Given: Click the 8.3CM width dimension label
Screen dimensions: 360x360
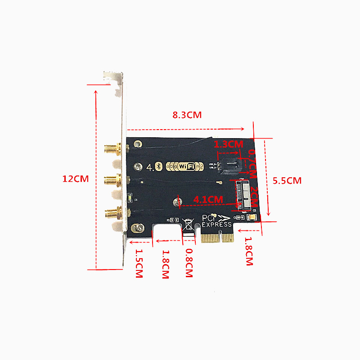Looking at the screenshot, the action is tap(187, 115).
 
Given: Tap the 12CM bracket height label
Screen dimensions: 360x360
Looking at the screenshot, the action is tap(75, 179).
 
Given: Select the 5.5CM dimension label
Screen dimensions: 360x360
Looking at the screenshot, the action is tap(287, 180).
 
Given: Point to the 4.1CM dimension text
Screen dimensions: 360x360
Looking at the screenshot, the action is tap(208, 198).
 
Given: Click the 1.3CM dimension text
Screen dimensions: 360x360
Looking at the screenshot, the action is tap(229, 144).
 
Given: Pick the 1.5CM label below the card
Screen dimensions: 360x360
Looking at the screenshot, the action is tap(139, 264).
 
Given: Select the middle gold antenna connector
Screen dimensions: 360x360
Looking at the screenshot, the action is tap(112, 180).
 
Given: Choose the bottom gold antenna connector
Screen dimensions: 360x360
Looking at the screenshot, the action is tap(112, 211).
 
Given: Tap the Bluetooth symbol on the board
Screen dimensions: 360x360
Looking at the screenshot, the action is tap(158, 166).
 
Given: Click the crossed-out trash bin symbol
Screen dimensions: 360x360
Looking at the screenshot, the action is tap(188, 224).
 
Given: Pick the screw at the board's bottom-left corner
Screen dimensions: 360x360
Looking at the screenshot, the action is tap(139, 229).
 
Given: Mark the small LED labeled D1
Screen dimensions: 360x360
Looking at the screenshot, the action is tap(130, 198).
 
